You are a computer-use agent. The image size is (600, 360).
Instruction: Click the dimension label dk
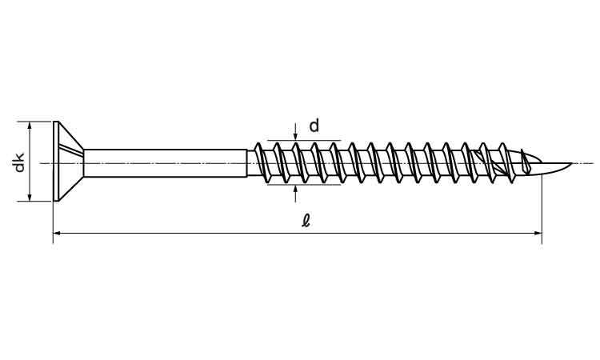(x=19, y=162)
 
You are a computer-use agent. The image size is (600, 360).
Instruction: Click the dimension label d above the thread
(x=314, y=125)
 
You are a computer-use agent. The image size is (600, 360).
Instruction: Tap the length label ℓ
(x=306, y=221)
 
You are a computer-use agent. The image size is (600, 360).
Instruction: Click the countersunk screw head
(x=68, y=161)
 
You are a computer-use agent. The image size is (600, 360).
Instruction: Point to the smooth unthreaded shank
(x=166, y=163)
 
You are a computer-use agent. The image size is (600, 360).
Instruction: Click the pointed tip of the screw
(x=572, y=164)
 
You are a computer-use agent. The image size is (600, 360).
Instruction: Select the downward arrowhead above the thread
(x=295, y=136)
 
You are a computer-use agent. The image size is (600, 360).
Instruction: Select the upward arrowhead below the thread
(x=295, y=189)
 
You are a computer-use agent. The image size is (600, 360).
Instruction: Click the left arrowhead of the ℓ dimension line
(x=58, y=233)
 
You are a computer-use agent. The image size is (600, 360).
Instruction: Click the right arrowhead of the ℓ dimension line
(x=538, y=233)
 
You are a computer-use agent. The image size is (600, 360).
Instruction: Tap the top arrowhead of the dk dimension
(x=30, y=126)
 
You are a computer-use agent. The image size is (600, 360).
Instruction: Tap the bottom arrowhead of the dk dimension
(x=30, y=196)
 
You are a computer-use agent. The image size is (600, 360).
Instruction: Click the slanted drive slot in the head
(x=70, y=150)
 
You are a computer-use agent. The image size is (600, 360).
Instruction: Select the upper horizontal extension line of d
(x=304, y=141)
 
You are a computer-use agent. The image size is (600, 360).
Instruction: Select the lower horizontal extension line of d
(x=304, y=185)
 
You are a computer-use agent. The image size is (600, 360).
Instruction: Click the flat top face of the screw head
(x=56, y=161)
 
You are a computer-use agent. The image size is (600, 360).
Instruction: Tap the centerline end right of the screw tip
(x=594, y=163)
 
